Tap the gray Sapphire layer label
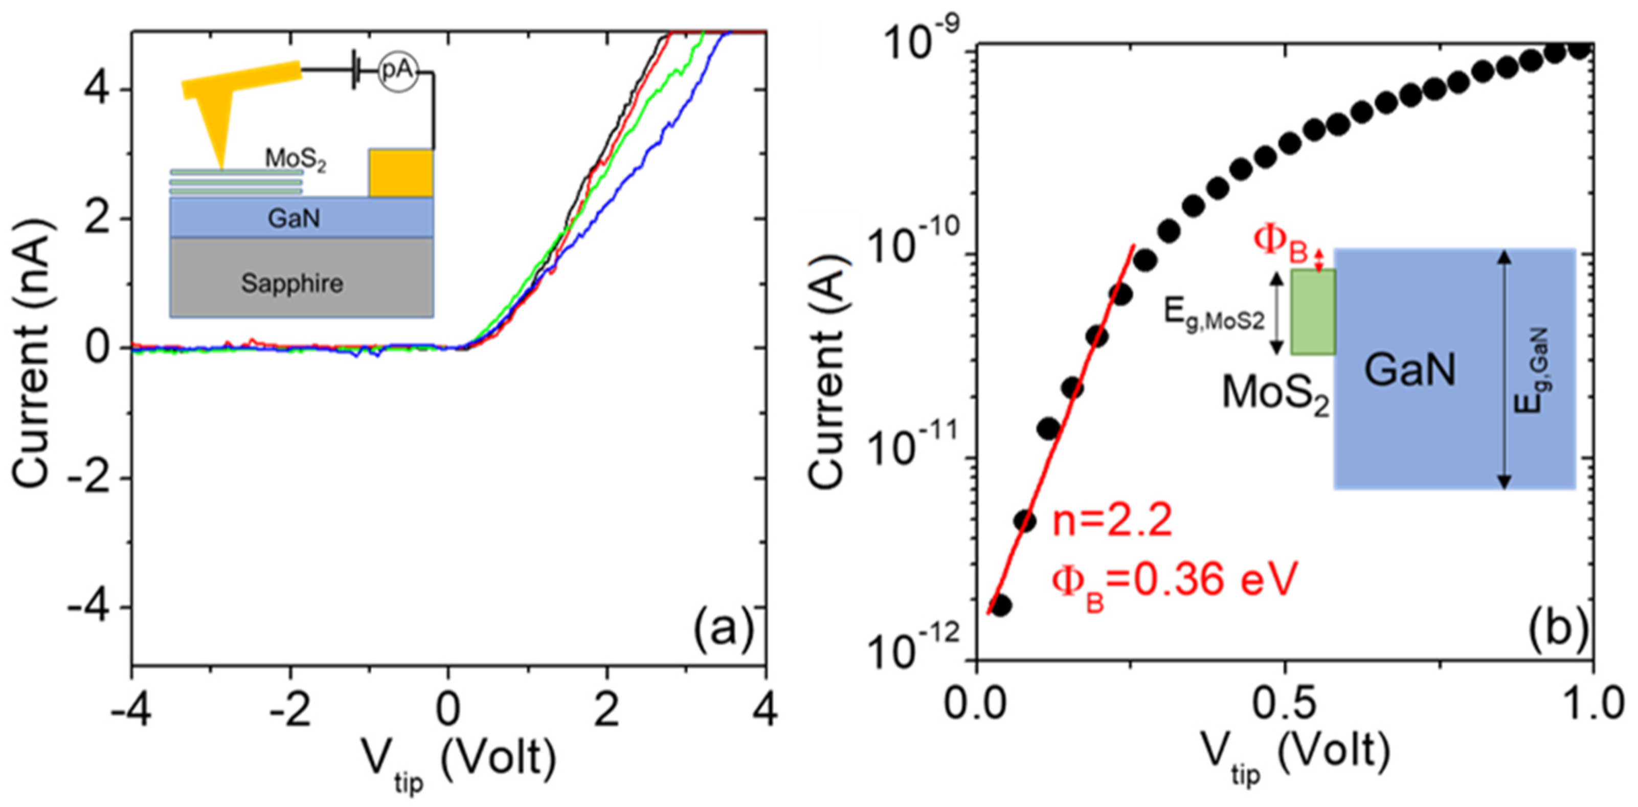292,283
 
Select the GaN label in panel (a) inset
293,219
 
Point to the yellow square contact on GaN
400,173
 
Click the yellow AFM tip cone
216,127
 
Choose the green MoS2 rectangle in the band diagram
1312,311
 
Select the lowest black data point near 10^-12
1000,606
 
